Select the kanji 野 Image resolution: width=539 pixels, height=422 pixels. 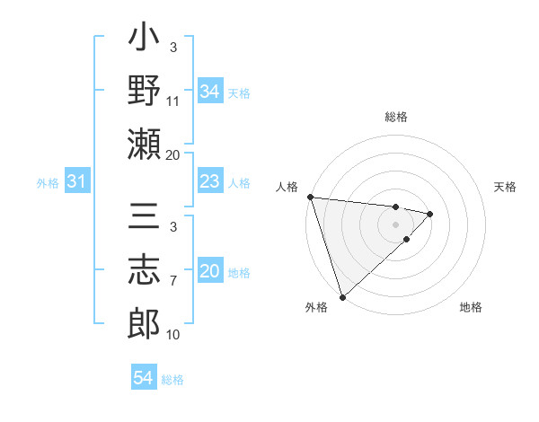point(144,91)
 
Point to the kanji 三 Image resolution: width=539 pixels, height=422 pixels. point(144,217)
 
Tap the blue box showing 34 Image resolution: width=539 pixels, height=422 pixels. point(209,91)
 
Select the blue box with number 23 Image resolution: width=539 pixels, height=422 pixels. point(209,182)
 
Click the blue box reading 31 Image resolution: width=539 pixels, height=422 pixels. point(77,182)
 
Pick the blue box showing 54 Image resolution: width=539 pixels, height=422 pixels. point(144,378)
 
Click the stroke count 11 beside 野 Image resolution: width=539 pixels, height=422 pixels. point(173,101)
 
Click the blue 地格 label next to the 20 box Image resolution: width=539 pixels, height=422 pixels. point(240,273)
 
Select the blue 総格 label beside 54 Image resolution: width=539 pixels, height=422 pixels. point(173,379)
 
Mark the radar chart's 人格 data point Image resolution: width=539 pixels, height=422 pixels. point(310,197)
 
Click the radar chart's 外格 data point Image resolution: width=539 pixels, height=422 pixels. point(342,295)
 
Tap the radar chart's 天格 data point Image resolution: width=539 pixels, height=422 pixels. point(430,214)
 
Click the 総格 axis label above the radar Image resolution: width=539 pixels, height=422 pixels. point(396,117)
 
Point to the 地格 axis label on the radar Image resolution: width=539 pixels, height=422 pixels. point(471,307)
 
